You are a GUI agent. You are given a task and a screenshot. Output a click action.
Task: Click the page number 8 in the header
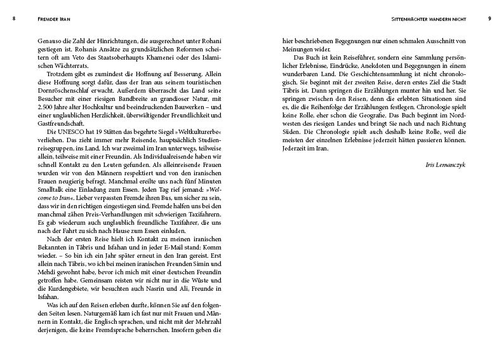point(13,18)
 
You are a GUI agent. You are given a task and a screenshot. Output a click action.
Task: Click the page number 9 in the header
point(489,18)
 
